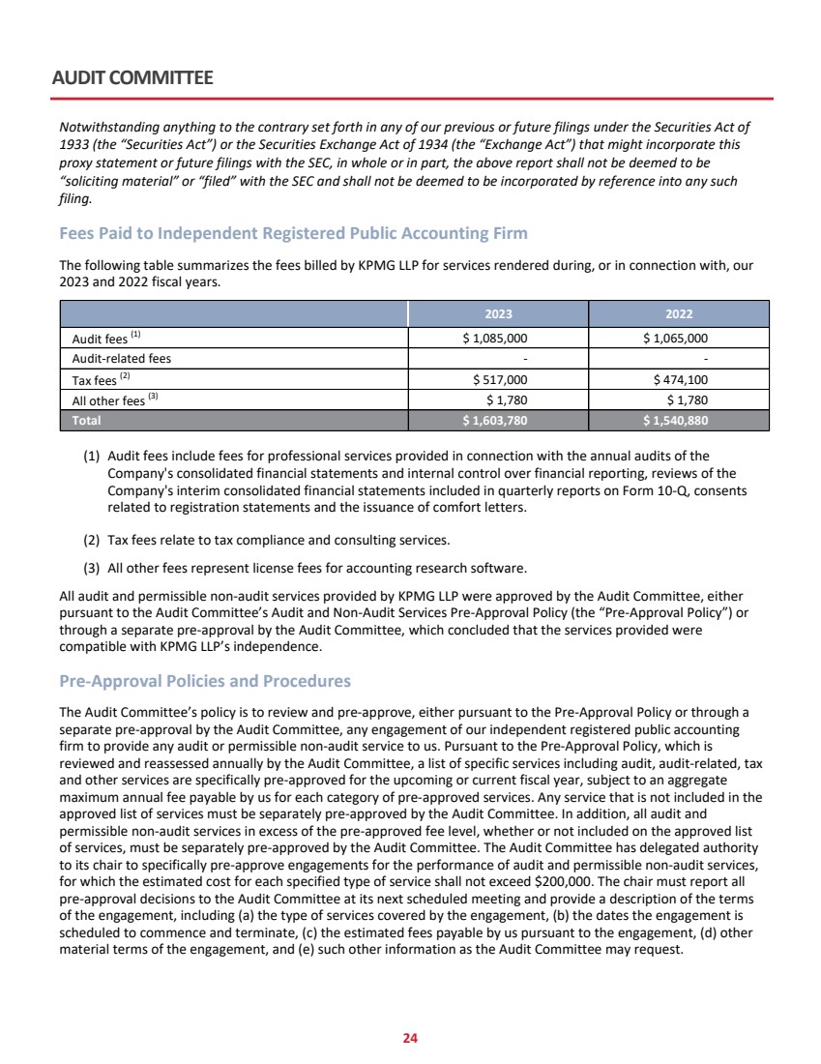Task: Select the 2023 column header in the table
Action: (498, 314)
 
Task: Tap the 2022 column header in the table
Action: (679, 314)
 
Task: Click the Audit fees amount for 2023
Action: (496, 339)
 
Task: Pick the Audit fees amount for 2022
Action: (676, 339)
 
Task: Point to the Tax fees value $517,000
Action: (500, 379)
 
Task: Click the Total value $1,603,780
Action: (496, 421)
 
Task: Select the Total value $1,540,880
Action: (676, 421)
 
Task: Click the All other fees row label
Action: (108, 399)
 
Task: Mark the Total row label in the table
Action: (86, 421)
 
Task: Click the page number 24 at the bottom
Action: (410, 1038)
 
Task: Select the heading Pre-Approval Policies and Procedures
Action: (205, 681)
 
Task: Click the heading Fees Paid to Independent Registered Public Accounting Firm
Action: (293, 233)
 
